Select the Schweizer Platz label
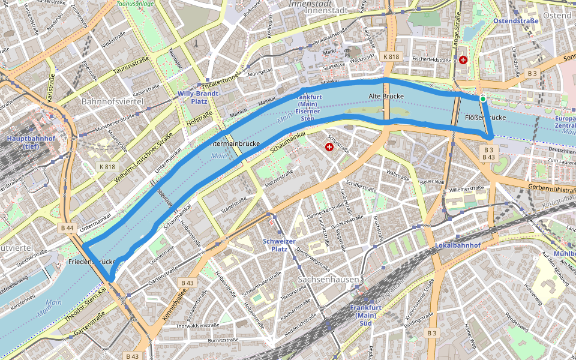[x=279, y=245]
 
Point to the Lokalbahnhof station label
[x=458, y=245]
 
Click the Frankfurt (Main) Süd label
[x=365, y=315]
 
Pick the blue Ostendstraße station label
[x=515, y=21]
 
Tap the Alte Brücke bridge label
[x=385, y=96]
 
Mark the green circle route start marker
[x=483, y=99]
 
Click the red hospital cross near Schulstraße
[x=329, y=147]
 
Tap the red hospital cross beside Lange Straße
[x=463, y=60]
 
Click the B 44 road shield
[x=67, y=228]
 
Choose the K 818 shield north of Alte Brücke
[x=391, y=56]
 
